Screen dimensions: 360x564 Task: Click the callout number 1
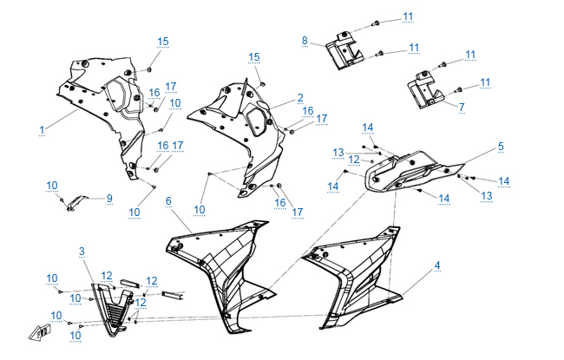click(41, 129)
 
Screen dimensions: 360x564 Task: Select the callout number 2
click(300, 98)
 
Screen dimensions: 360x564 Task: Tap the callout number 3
click(82, 252)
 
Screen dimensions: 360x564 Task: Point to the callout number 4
click(437, 265)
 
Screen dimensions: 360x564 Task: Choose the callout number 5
click(501, 147)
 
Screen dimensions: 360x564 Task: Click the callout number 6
click(168, 201)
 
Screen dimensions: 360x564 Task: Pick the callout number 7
click(462, 107)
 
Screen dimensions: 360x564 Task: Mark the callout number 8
click(305, 41)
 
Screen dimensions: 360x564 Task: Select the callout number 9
click(109, 198)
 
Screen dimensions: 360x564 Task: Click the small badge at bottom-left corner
click(40, 331)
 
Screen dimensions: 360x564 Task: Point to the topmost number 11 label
click(408, 16)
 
